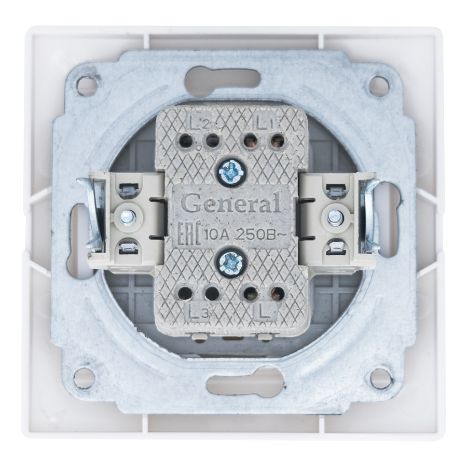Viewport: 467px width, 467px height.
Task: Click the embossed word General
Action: coord(231,203)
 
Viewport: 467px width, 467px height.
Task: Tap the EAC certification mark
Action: coord(188,233)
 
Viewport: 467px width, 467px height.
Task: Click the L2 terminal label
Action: coord(198,123)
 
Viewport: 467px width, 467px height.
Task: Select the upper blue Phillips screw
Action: coord(230,173)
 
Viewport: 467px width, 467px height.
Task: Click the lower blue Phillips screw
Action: coord(230,262)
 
